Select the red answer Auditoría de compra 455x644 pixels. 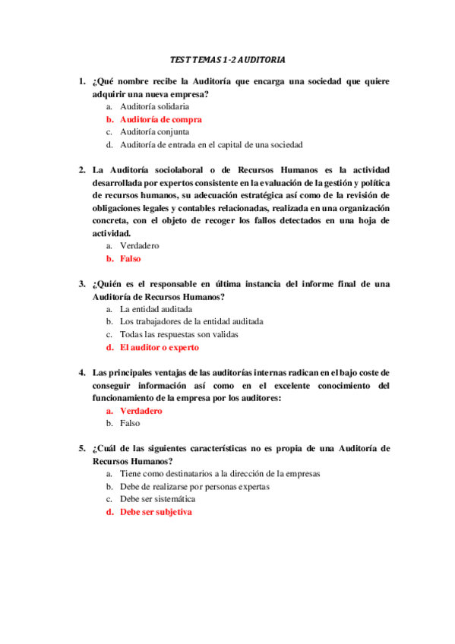click(x=160, y=119)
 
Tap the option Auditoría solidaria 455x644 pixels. click(x=154, y=106)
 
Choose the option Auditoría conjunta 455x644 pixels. click(x=154, y=131)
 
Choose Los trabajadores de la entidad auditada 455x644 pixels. click(x=191, y=321)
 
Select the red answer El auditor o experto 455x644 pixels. click(x=159, y=347)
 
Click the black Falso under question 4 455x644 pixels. click(x=130, y=423)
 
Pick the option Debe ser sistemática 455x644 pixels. click(x=157, y=499)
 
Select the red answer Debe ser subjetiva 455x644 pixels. click(x=156, y=512)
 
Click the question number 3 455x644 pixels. click(x=81, y=284)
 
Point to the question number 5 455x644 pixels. click(x=81, y=448)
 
